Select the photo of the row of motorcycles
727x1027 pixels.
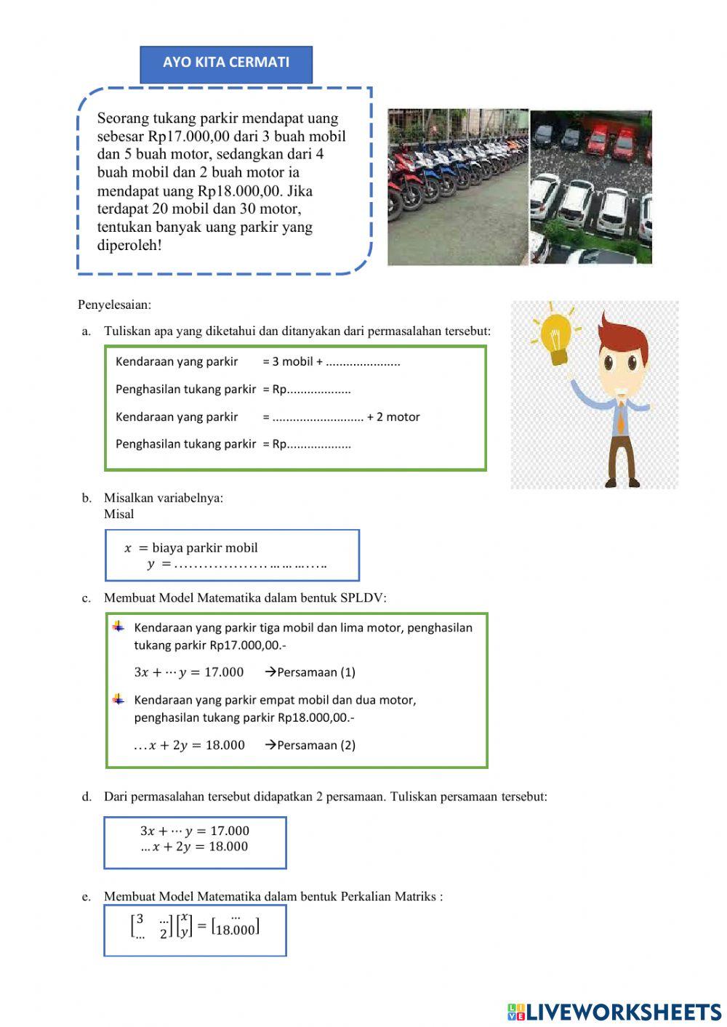457,187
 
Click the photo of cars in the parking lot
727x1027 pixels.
591,187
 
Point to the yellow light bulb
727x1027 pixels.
556,338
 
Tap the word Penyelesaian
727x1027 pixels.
114,305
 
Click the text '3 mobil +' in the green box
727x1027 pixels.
293,361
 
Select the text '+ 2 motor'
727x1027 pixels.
393,416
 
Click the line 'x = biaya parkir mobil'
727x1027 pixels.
191,548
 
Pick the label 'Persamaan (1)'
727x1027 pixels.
316,672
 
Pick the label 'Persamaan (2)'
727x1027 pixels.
316,745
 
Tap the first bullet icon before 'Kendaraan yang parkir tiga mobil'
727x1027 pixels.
119,627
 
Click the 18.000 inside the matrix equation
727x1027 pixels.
236,930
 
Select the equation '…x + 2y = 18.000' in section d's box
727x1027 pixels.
194,847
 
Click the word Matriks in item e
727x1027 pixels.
415,896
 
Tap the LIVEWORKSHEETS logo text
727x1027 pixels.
623,1012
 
